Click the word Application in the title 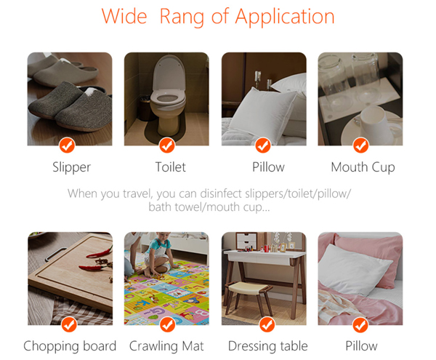tap(285, 17)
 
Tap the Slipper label tap(72, 167)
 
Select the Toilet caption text tap(171, 167)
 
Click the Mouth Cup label tap(363, 167)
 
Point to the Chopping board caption tap(70, 346)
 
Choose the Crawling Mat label tap(166, 346)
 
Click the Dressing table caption tap(267, 346)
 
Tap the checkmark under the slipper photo tap(67, 145)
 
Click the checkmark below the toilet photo tap(167, 145)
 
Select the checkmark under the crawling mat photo tap(168, 324)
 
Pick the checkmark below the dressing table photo tap(267, 324)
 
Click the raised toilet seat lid tap(169, 73)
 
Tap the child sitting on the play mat tap(158, 253)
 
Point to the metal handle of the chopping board tap(56, 254)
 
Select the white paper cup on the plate tap(376, 124)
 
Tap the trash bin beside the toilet tap(145, 108)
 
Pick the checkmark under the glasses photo tap(361, 145)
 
